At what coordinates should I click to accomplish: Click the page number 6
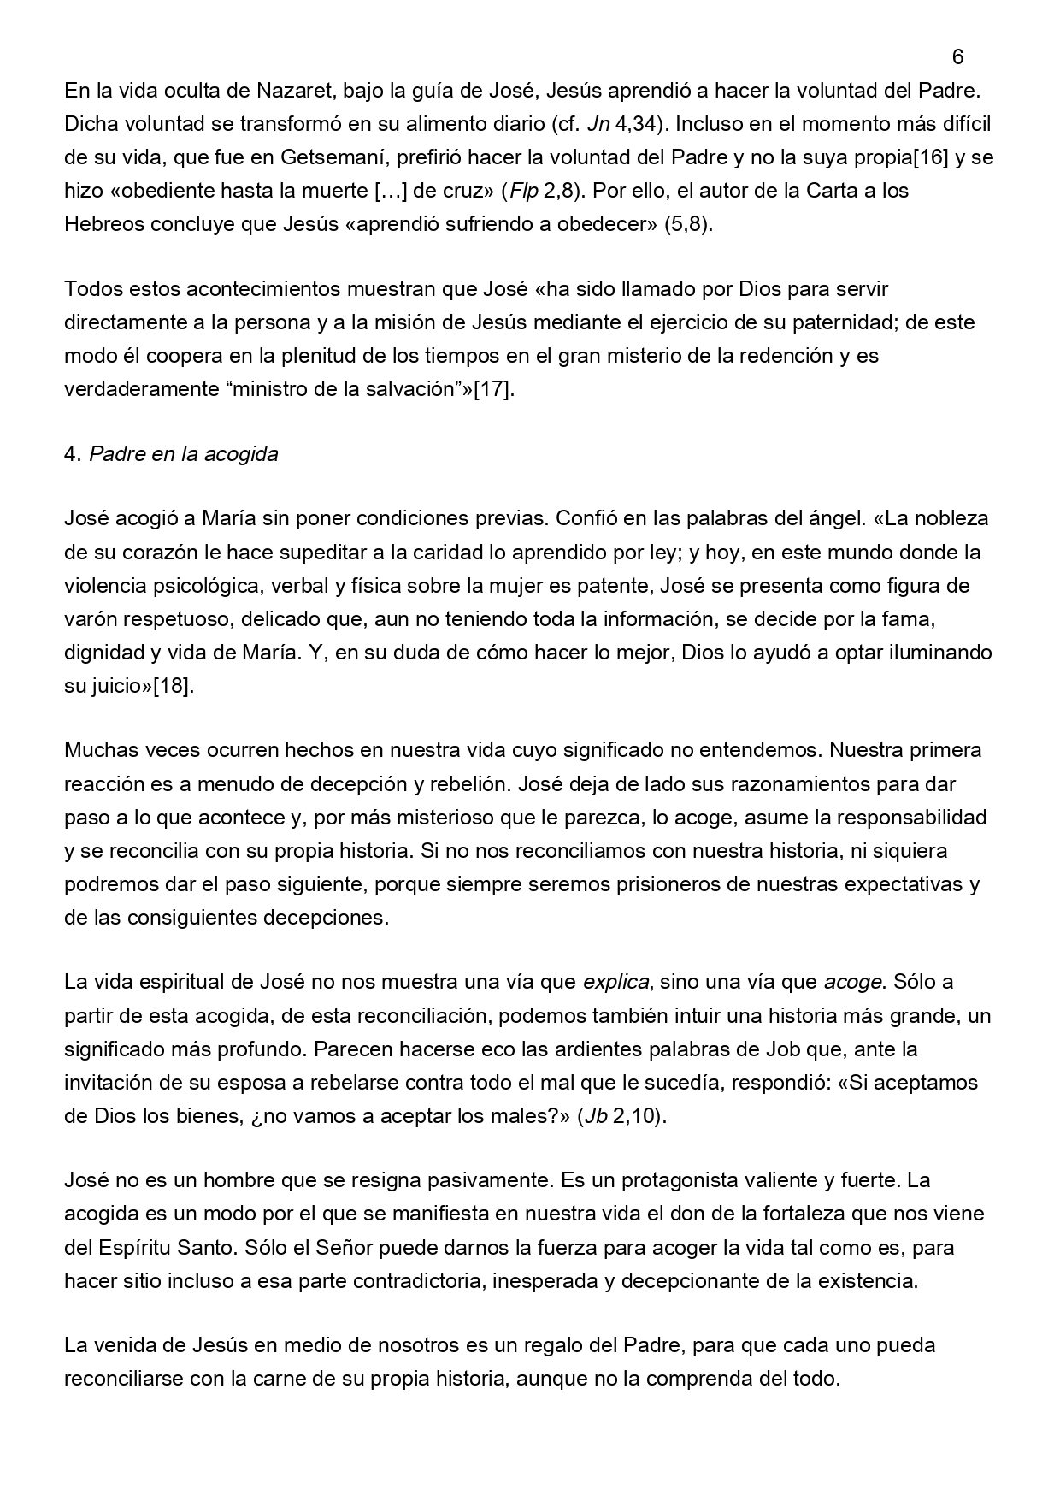[x=957, y=57]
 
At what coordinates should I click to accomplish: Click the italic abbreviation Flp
[x=523, y=191]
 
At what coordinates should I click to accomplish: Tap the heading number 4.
[x=72, y=454]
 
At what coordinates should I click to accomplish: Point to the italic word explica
[x=615, y=981]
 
